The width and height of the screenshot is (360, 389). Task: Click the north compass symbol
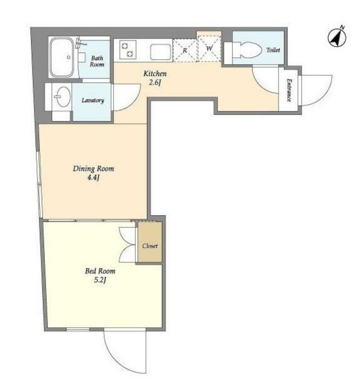337,37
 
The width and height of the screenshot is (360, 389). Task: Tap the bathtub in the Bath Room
62,57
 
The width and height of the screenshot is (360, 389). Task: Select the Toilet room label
273,50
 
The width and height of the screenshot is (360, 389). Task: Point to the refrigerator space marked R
185,50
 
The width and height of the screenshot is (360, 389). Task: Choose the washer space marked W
209,49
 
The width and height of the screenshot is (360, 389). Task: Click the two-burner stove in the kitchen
128,50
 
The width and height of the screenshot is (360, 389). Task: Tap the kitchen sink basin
161,52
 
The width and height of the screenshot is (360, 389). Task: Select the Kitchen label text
155,74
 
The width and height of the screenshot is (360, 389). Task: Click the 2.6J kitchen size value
155,82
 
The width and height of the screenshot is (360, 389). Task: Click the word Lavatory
93,100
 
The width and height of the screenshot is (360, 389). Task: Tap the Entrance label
289,90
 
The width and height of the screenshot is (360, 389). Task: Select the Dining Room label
93,169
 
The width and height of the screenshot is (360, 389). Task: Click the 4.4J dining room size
93,178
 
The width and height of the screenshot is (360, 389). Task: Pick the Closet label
149,246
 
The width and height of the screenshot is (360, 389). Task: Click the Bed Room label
100,271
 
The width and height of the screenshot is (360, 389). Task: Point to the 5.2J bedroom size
100,280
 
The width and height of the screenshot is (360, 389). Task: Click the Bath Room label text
97,61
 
